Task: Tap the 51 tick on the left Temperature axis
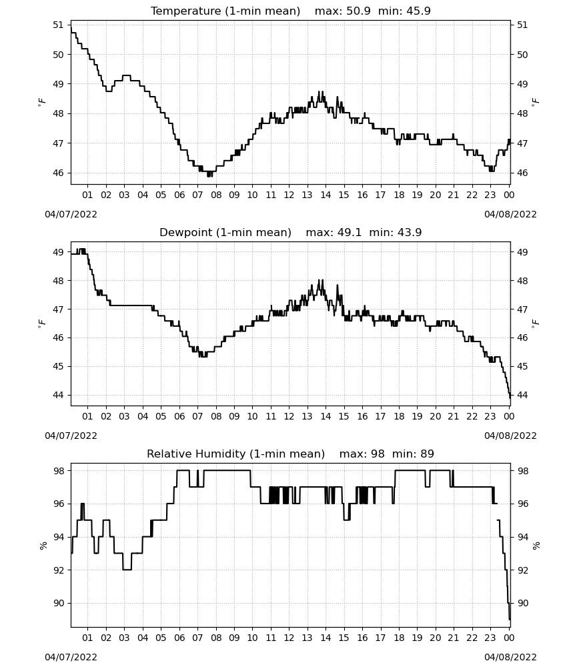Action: coord(58,25)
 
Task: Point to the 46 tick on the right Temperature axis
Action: coord(522,173)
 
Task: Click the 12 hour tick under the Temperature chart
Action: coord(289,195)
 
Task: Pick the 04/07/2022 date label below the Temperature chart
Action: coord(71,214)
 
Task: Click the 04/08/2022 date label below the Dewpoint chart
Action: coord(510,436)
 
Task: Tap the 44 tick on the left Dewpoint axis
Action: coord(58,395)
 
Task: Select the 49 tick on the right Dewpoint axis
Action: coord(522,252)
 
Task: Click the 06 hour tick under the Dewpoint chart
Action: coord(179,416)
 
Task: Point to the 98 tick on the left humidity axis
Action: coord(58,471)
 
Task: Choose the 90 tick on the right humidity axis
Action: coord(522,603)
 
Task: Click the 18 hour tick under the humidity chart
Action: coord(399,638)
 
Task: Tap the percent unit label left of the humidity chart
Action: coord(43,546)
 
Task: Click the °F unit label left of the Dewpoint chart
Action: coord(41,323)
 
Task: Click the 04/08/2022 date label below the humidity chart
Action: coord(510,657)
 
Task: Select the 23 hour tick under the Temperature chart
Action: coord(490,195)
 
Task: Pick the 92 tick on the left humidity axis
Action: coord(58,570)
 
